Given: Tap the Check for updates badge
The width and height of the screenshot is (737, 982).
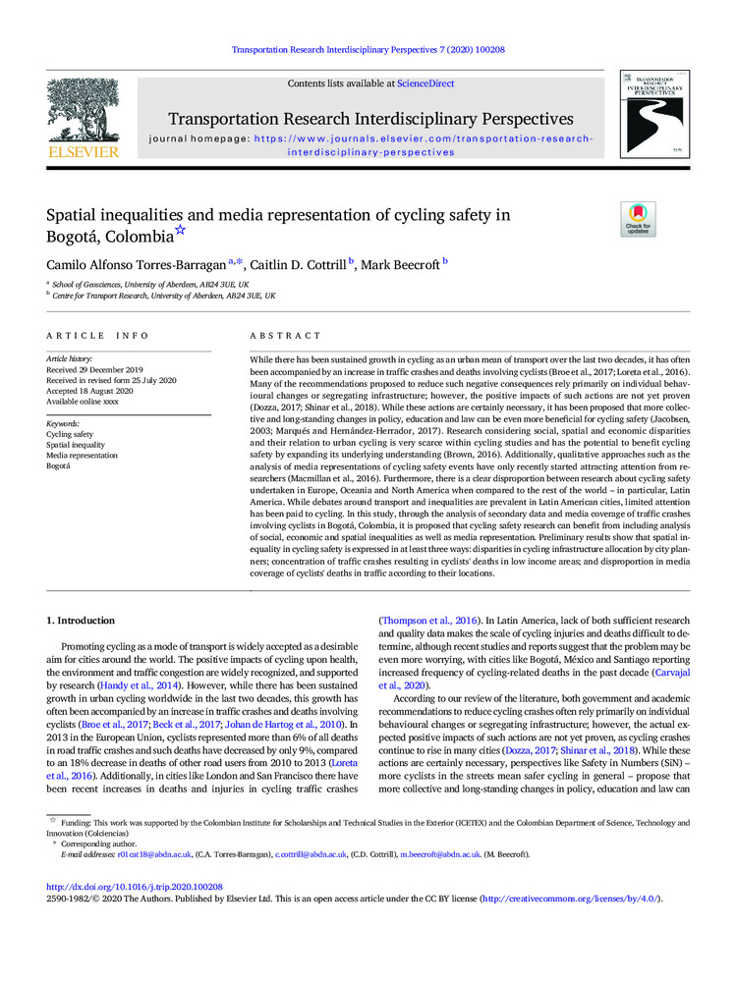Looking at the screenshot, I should pyautogui.click(x=638, y=219).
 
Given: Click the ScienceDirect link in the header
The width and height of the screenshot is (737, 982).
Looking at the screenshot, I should pyautogui.click(x=425, y=84).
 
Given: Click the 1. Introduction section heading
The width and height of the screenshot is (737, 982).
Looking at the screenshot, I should pyautogui.click(x=82, y=621).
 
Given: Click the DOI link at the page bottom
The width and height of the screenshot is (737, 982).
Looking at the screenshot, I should pyautogui.click(x=136, y=887).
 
